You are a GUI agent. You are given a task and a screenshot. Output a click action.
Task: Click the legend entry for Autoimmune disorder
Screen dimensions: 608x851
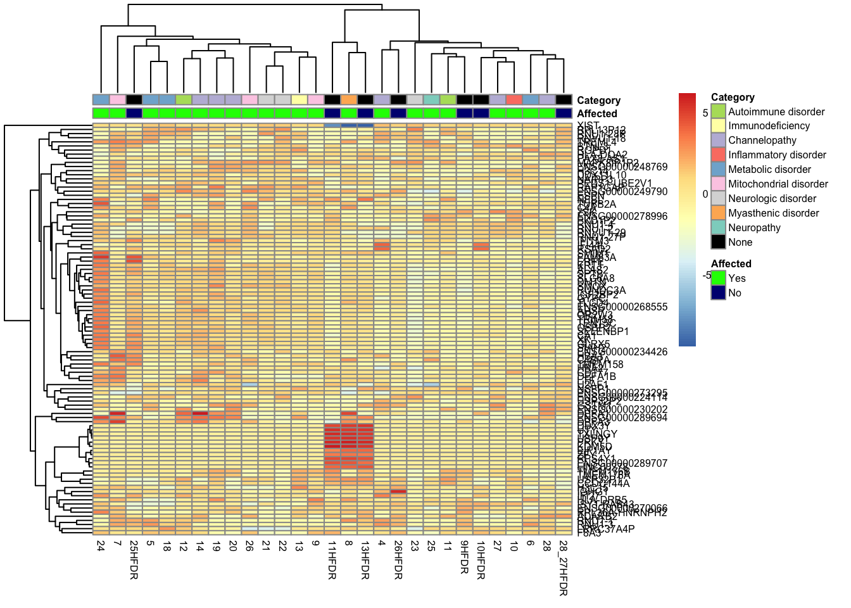(x=776, y=111)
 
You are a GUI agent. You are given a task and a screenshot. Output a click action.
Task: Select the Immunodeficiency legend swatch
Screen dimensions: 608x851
(x=718, y=126)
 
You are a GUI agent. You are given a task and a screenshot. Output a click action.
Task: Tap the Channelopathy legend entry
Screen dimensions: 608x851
(x=762, y=140)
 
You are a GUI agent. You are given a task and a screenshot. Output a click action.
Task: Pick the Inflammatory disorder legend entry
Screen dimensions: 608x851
(x=777, y=155)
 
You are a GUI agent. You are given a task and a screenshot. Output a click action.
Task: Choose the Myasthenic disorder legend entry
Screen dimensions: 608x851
(x=773, y=213)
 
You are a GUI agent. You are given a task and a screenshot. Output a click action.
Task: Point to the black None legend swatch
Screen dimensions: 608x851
(x=718, y=242)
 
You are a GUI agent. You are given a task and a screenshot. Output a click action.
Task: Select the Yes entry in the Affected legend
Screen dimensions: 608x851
(x=736, y=278)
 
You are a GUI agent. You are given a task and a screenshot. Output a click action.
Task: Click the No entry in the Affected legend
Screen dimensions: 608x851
(x=734, y=293)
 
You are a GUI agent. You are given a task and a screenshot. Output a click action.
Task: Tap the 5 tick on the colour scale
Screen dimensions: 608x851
(x=705, y=113)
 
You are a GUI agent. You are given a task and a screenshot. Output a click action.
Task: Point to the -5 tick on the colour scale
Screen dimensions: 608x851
(x=706, y=275)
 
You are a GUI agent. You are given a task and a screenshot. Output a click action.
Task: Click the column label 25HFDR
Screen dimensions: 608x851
(x=134, y=560)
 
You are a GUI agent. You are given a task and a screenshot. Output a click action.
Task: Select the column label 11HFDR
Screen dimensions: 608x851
(x=332, y=560)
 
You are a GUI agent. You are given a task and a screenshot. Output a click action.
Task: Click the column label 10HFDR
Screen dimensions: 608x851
(x=481, y=560)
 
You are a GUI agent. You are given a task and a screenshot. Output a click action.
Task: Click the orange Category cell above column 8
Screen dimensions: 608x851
(x=349, y=99)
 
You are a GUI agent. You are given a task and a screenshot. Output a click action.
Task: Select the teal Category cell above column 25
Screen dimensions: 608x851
(x=431, y=99)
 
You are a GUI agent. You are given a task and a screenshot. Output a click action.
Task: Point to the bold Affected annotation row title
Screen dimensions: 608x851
(x=597, y=113)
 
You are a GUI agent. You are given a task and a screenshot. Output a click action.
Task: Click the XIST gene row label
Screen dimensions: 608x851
(x=588, y=125)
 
